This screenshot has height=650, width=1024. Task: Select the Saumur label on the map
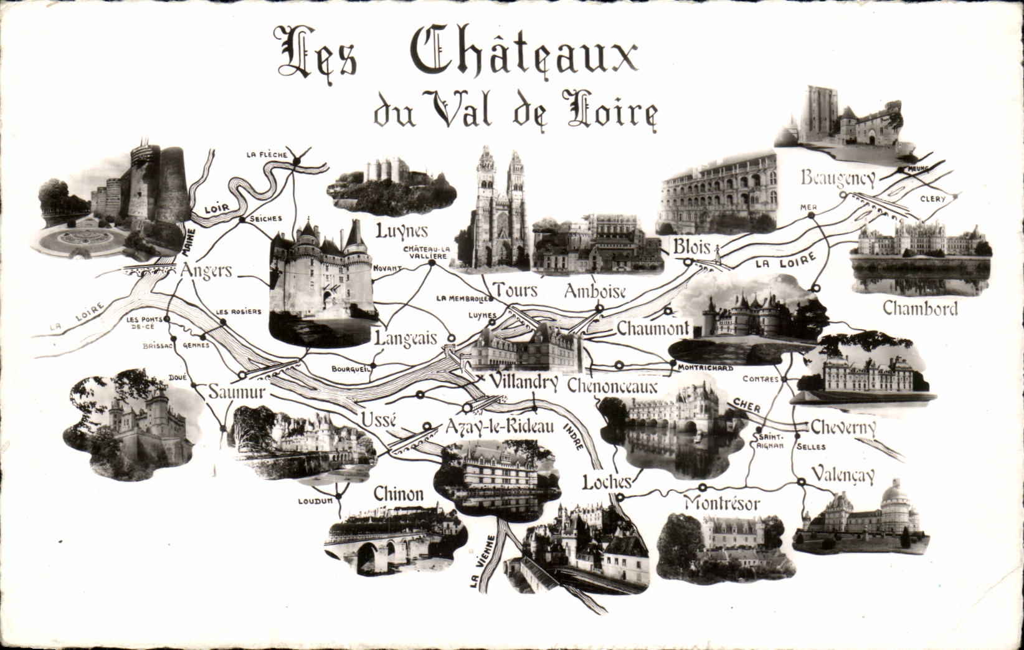237,392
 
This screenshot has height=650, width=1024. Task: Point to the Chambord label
920,308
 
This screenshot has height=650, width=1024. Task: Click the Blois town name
691,247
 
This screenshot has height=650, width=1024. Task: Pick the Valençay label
843,476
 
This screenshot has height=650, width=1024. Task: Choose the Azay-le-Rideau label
499,427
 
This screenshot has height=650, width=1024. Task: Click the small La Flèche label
267,155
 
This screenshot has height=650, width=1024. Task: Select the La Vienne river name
480,562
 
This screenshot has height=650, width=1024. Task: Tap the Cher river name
747,406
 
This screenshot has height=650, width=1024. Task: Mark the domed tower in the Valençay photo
894,496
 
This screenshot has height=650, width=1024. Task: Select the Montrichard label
706,368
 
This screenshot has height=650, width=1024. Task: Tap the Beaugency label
838,179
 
